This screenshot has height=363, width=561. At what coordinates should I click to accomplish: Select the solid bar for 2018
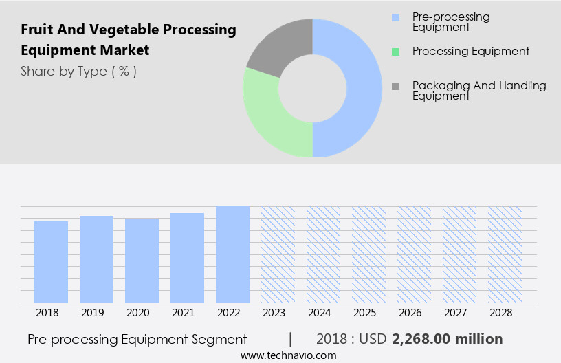point(51,262)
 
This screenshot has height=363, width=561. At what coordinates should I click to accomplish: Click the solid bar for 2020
point(142,261)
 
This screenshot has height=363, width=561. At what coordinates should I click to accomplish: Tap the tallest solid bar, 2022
point(232,254)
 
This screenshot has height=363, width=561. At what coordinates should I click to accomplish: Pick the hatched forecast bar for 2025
point(368,254)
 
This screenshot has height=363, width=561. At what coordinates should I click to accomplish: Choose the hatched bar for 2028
point(505,254)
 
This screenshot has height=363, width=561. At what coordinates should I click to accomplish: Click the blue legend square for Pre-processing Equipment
point(395,17)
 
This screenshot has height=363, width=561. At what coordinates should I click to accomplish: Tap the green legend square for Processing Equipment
point(395,52)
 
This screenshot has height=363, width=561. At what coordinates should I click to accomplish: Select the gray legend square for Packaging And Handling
point(395,86)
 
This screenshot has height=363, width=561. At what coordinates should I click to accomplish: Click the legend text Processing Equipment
point(471,52)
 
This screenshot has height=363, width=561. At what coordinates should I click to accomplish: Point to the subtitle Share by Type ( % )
point(78,71)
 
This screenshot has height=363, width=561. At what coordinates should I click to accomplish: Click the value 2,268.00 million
point(448,339)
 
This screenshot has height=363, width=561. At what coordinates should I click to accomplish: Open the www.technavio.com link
point(288,355)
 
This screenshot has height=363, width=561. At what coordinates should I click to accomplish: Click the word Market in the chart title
point(124,50)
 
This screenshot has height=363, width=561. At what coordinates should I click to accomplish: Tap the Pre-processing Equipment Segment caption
point(137,339)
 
